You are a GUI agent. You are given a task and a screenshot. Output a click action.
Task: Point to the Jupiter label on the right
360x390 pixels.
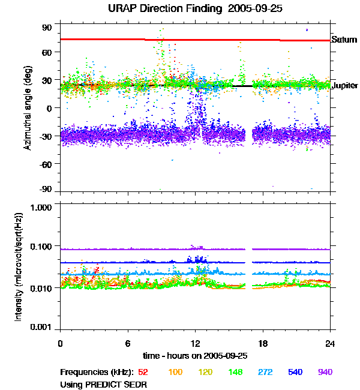coord(344,86)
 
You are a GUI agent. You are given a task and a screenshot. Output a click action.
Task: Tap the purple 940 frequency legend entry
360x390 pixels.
coord(325,372)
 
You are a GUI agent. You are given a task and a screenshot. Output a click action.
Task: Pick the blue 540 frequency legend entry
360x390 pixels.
coord(295,372)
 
